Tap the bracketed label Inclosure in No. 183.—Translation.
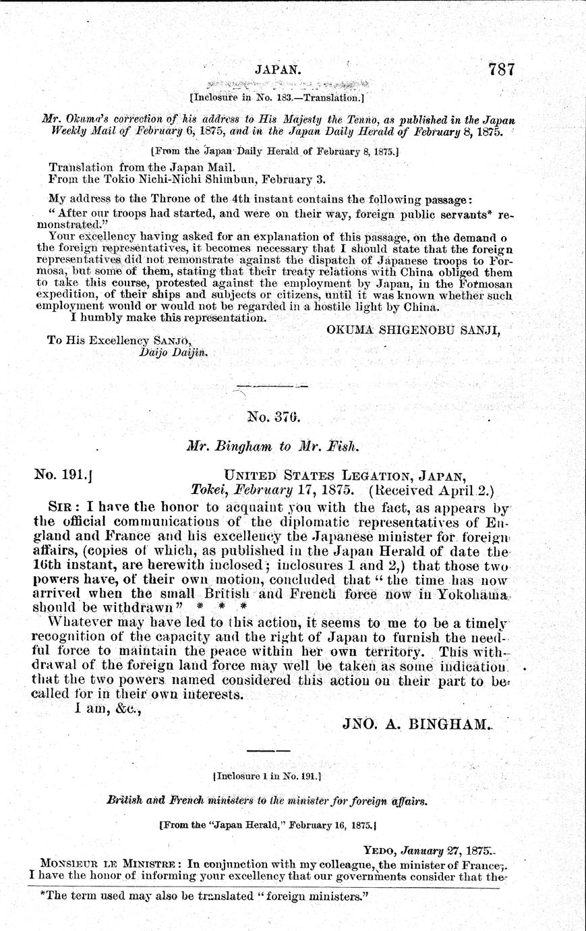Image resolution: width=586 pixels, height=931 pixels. pos(277,96)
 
